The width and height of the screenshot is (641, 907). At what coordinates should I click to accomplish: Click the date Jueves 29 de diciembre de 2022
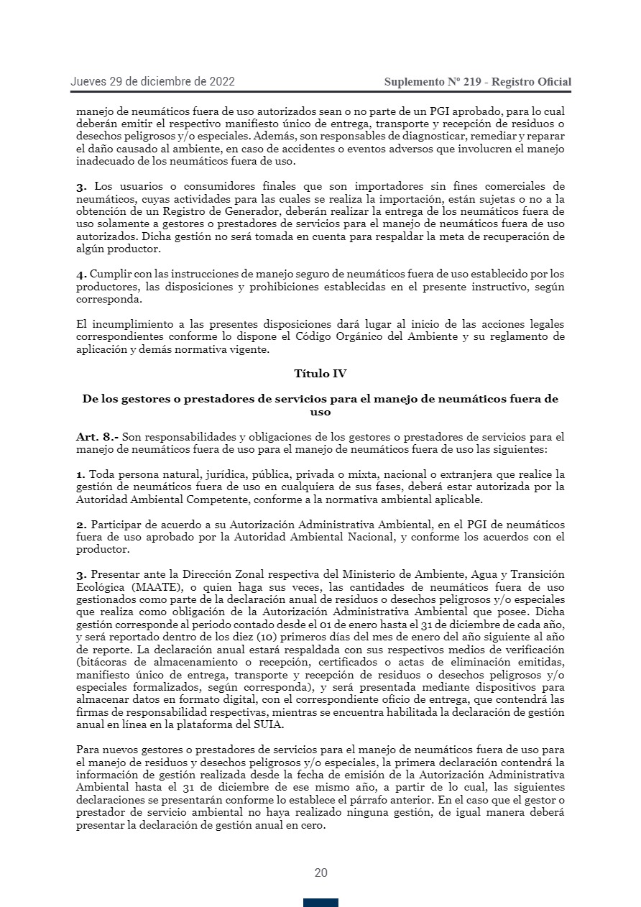coord(152,82)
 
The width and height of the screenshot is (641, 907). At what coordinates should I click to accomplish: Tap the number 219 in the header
coord(472,82)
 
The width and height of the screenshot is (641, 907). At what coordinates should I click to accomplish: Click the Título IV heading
coord(320,374)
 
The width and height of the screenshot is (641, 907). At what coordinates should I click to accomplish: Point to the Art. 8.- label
coord(97,437)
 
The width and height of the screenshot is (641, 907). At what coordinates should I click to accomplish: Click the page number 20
coord(320,873)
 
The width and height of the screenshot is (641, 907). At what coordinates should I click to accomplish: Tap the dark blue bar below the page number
coord(320,903)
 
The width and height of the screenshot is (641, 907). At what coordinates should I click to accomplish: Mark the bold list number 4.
coord(81,274)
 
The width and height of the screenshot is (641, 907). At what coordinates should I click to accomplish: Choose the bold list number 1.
coord(81,474)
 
